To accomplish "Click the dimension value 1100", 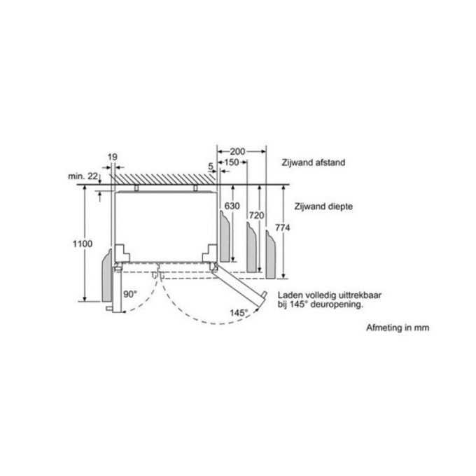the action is point(83,244).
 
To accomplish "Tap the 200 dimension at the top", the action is point(237,151).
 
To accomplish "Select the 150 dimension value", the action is point(232,162).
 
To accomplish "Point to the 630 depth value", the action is point(232,206).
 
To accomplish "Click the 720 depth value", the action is point(256,216).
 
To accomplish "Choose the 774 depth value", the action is point(282,227).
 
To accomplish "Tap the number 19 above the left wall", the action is point(112,157).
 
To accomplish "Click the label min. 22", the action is point(83,176).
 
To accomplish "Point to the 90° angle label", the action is point(130,294).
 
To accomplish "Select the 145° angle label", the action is point(239,313).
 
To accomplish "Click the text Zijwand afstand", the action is point(314,162).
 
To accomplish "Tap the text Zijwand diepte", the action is point(323,206).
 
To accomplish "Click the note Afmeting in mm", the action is point(398,328).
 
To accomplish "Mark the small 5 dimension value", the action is point(211,167).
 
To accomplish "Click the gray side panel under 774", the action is point(270,254).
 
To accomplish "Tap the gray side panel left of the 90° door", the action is point(107,276).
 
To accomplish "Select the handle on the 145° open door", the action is point(264,295).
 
